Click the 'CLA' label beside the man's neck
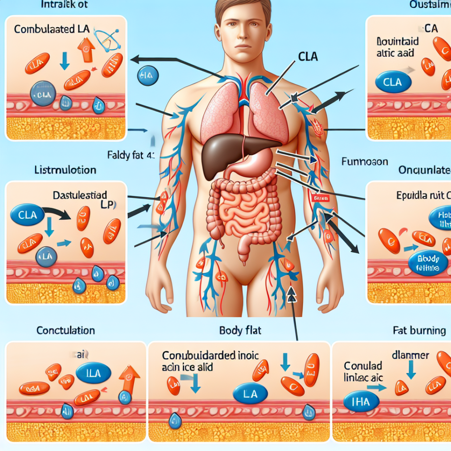pyautogui.click(x=308, y=58)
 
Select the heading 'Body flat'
pyautogui.click(x=240, y=331)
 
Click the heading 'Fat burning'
pyautogui.click(x=419, y=331)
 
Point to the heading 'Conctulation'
pyautogui.click(x=66, y=331)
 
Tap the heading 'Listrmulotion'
pyautogui.click(x=65, y=170)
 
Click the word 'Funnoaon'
pyautogui.click(x=364, y=162)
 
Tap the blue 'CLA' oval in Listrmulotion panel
pyautogui.click(x=27, y=215)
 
